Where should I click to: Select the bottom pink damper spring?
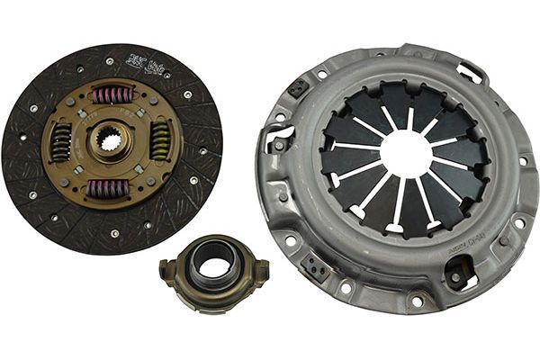point(108,188)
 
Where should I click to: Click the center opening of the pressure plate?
point(404,154)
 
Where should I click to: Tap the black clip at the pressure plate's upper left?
point(296,88)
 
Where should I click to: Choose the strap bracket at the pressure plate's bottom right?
point(458,269)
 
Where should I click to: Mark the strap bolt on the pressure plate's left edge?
point(278,143)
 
